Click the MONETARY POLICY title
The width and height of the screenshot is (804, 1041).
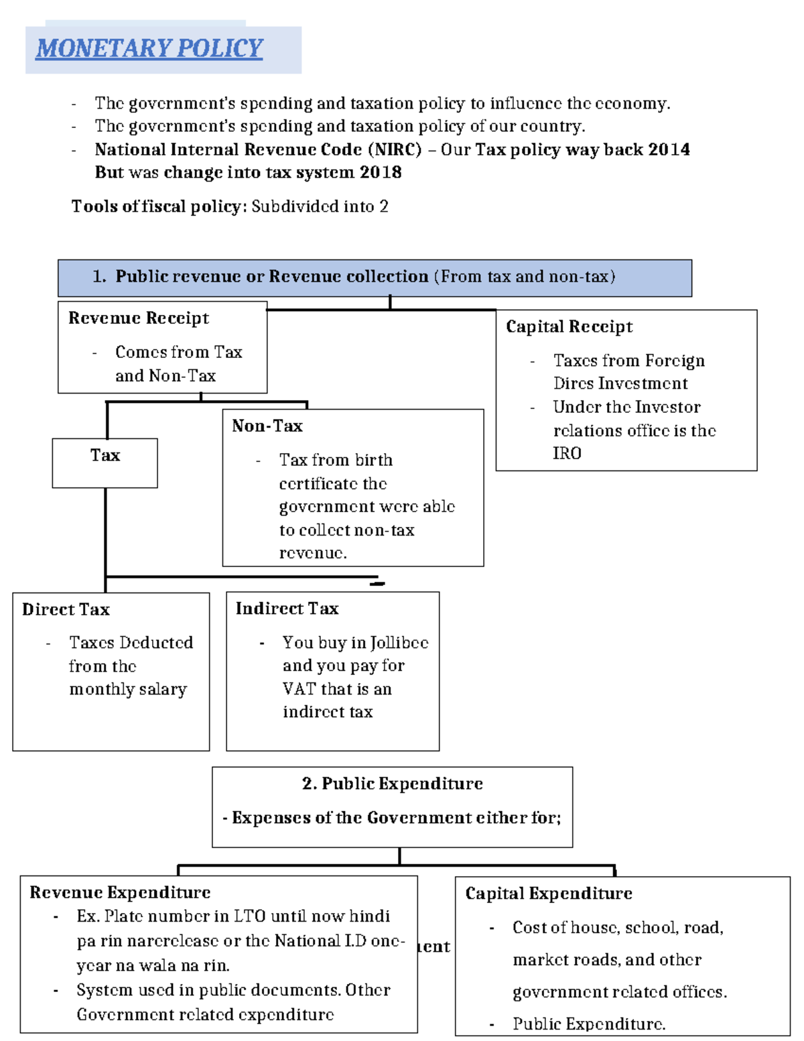click(149, 48)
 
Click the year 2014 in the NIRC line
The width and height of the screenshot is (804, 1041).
click(668, 149)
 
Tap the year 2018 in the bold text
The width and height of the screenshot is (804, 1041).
click(380, 172)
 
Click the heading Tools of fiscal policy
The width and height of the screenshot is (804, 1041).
click(155, 206)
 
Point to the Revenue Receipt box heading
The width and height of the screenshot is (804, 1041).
click(139, 318)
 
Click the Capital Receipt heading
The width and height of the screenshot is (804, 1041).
click(569, 326)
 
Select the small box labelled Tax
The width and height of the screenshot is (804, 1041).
click(105, 463)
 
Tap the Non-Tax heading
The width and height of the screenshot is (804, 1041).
click(267, 426)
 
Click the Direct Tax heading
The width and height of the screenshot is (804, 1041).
click(66, 609)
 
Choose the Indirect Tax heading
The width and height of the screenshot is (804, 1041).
click(287, 608)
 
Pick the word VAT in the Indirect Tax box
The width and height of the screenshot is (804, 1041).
click(299, 689)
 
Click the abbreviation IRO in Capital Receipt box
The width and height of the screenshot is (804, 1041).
click(567, 454)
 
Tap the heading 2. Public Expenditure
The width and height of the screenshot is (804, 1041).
click(392, 784)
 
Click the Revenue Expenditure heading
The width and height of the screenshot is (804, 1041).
click(120, 892)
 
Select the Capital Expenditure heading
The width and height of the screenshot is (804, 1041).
click(548, 894)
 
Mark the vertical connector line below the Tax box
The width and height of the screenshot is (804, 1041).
click(105, 530)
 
